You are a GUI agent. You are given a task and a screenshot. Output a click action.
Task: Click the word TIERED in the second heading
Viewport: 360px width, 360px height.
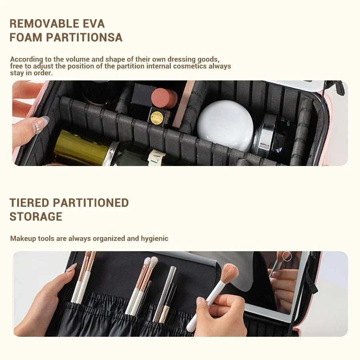point(29,203)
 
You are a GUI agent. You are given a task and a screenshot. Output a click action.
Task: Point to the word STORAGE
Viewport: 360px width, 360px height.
point(36,217)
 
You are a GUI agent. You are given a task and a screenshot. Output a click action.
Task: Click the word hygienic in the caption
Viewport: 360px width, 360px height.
point(154,238)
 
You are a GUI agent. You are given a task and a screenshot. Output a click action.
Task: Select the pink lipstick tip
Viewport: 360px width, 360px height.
point(164,98)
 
